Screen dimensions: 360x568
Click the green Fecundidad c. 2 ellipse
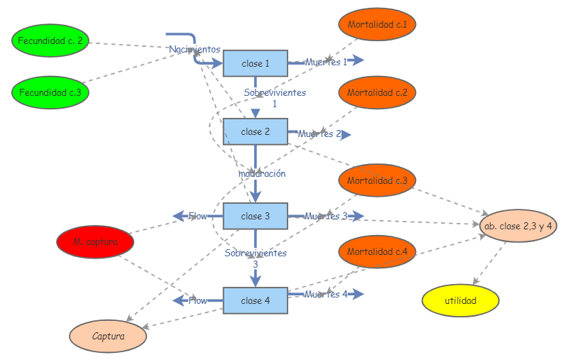pyautogui.click(x=50, y=40)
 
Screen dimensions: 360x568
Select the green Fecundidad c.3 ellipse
pyautogui.click(x=50, y=92)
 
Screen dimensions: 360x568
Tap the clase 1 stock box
pyautogui.click(x=256, y=63)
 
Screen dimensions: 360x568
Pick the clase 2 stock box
pyautogui.click(x=256, y=131)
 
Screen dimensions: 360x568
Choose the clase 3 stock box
pyautogui.click(x=256, y=216)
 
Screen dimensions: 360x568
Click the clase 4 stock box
pyautogui.click(x=256, y=300)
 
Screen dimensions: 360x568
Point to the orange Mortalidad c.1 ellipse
pyautogui.click(x=377, y=25)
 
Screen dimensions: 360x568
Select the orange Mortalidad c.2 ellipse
pyautogui.click(x=377, y=92)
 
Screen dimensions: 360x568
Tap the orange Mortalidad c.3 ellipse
pyautogui.click(x=377, y=180)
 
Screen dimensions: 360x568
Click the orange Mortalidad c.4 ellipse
pyautogui.click(x=377, y=251)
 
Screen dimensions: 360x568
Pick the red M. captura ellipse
pyautogui.click(x=95, y=243)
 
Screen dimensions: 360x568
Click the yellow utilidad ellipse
pyautogui.click(x=461, y=300)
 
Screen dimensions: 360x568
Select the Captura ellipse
pyautogui.click(x=108, y=337)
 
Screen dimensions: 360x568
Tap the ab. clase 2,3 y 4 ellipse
pyautogui.click(x=518, y=225)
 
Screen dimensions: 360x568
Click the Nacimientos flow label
pyautogui.click(x=195, y=49)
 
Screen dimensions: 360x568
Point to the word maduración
pyautogui.click(x=262, y=173)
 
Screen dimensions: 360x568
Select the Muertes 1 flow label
pyautogui.click(x=326, y=62)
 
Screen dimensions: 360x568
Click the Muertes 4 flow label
pyautogui.click(x=326, y=294)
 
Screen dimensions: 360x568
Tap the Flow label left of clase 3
pyautogui.click(x=197, y=216)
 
